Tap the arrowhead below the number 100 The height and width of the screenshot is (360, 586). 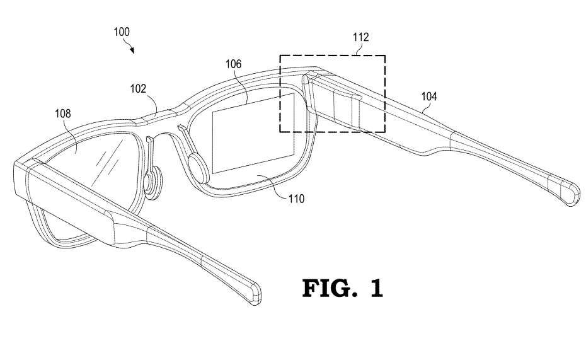tap(133, 51)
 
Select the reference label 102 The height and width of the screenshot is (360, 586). tap(139, 90)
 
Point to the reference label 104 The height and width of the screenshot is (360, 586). tap(429, 96)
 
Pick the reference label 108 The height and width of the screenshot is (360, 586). tap(63, 113)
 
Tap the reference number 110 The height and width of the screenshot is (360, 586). tap(296, 199)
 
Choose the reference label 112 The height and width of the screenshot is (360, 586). tap(360, 38)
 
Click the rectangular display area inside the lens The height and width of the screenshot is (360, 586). tap(254, 133)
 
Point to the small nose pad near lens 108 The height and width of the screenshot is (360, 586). tap(152, 183)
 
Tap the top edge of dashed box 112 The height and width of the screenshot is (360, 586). tap(332, 55)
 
